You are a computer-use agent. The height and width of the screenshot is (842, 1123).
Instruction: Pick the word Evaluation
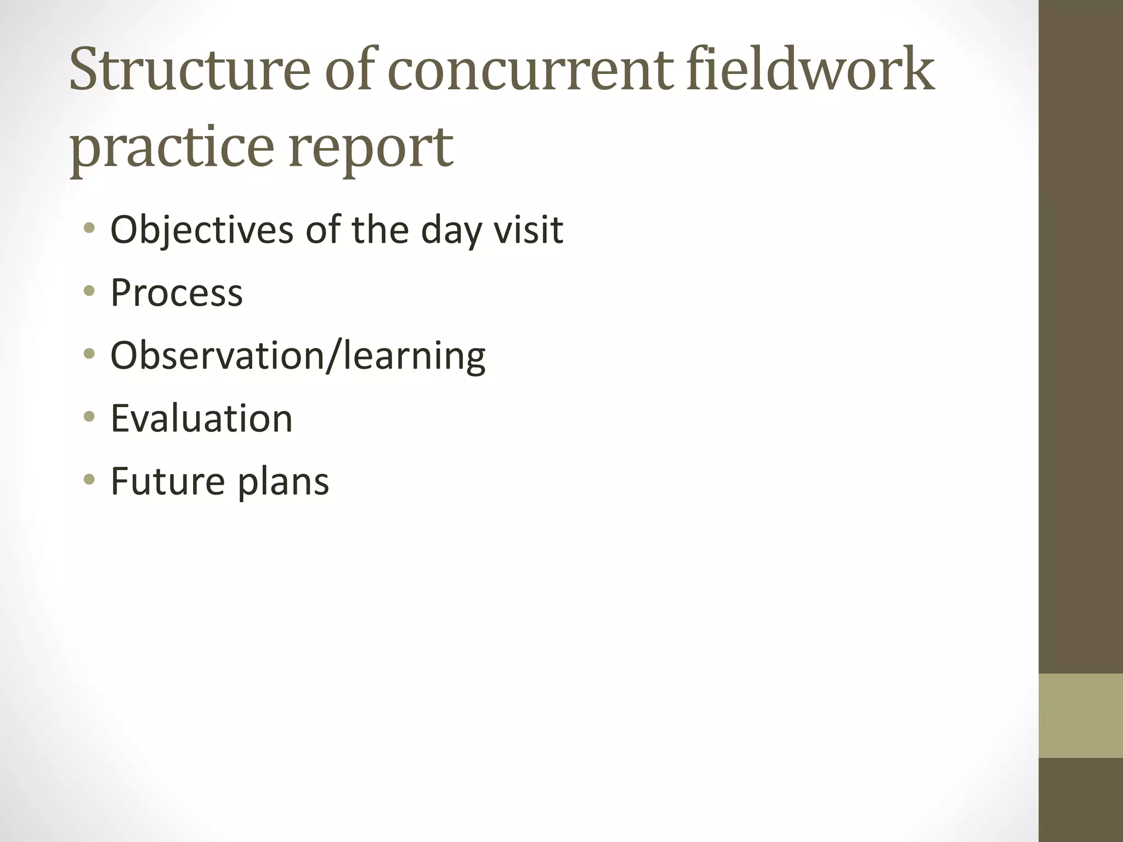(x=202, y=418)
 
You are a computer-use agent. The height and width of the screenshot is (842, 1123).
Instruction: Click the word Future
(x=168, y=481)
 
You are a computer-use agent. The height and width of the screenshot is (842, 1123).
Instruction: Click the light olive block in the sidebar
(x=1081, y=715)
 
